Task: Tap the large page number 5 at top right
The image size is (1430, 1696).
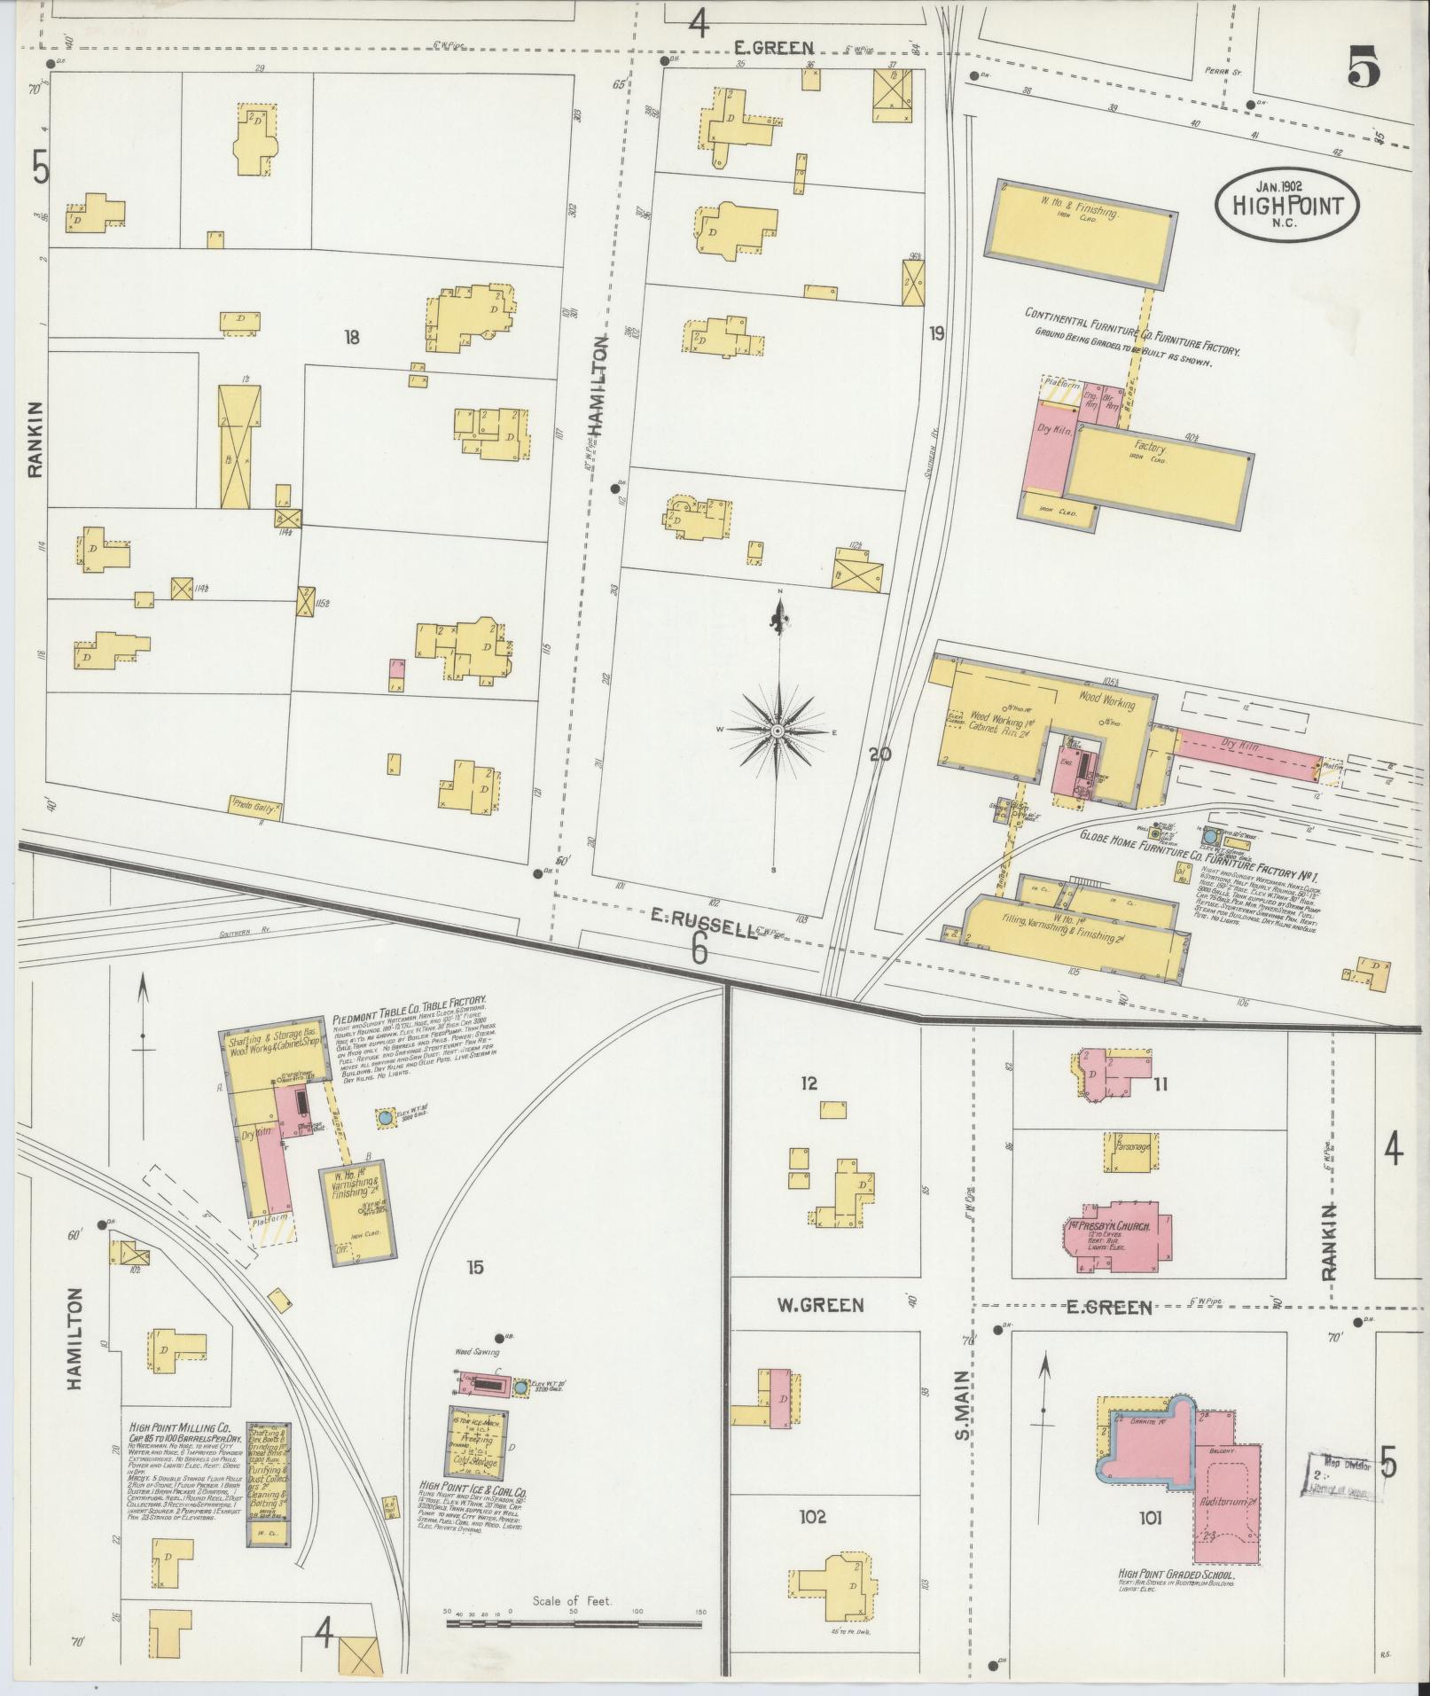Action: [x=1364, y=68]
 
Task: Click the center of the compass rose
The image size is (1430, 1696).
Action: [x=777, y=730]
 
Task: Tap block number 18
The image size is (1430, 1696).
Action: [x=352, y=337]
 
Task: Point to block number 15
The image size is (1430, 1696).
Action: [x=475, y=1267]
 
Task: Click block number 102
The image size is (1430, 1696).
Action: [x=811, y=1516]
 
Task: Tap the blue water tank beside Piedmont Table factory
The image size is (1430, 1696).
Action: [x=385, y=1119]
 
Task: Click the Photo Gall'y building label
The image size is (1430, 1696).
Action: [x=256, y=807]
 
